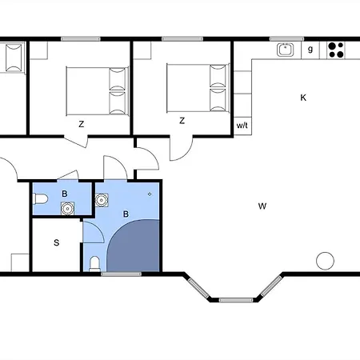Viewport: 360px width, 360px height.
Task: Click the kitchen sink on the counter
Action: pyautogui.click(x=284, y=50)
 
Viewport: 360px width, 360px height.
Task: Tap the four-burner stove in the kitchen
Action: pyautogui.click(x=336, y=50)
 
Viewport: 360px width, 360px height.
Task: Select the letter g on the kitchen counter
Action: pyautogui.click(x=310, y=50)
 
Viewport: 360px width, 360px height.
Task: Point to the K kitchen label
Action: pyautogui.click(x=303, y=98)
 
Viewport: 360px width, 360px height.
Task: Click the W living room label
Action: pyautogui.click(x=262, y=206)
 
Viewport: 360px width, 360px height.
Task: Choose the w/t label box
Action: pyautogui.click(x=242, y=125)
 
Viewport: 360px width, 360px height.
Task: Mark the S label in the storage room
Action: pyautogui.click(x=57, y=243)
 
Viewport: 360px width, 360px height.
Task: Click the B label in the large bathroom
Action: pyautogui.click(x=126, y=214)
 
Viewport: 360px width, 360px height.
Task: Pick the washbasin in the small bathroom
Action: pyautogui.click(x=67, y=209)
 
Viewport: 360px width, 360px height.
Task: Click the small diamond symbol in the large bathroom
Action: pyautogui.click(x=150, y=194)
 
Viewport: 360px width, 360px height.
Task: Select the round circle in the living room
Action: pyautogui.click(x=325, y=260)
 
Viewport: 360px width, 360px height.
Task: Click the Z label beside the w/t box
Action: pyautogui.click(x=182, y=122)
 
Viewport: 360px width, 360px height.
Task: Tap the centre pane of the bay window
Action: pyautogui.click(x=235, y=299)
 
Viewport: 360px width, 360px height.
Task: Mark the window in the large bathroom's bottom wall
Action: pyautogui.click(x=121, y=274)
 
